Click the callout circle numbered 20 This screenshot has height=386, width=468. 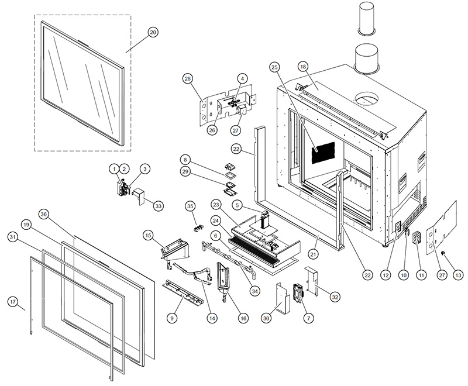[153, 33]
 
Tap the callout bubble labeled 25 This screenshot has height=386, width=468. [274, 68]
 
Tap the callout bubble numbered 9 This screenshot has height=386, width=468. [172, 318]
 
